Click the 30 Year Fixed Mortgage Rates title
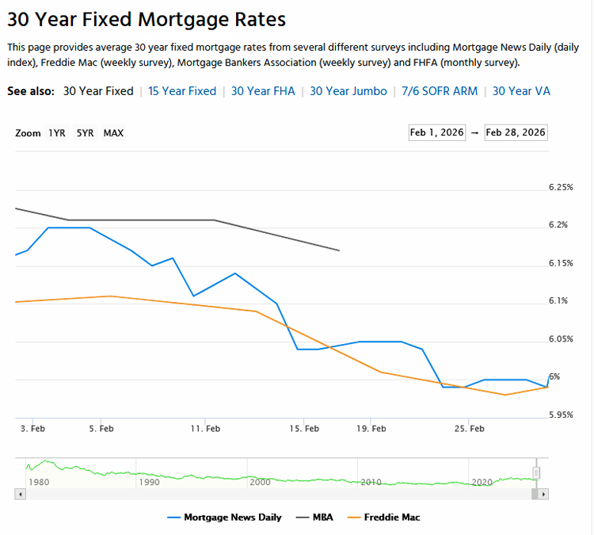pos(147,20)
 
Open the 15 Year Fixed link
pos(182,91)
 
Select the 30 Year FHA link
pos(263,91)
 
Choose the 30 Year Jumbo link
pos(348,91)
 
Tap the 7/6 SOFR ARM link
pos(440,91)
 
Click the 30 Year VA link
pos(521,91)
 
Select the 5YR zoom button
pos(85,133)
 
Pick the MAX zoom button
pos(113,133)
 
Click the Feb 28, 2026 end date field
pos(516,132)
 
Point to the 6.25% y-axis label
pos(560,188)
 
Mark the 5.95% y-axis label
pos(560,415)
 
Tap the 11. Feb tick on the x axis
pos(205,429)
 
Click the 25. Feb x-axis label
pos(469,429)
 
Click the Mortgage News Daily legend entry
pos(225,518)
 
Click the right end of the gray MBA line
pos(339,250)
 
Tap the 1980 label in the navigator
pos(38,481)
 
